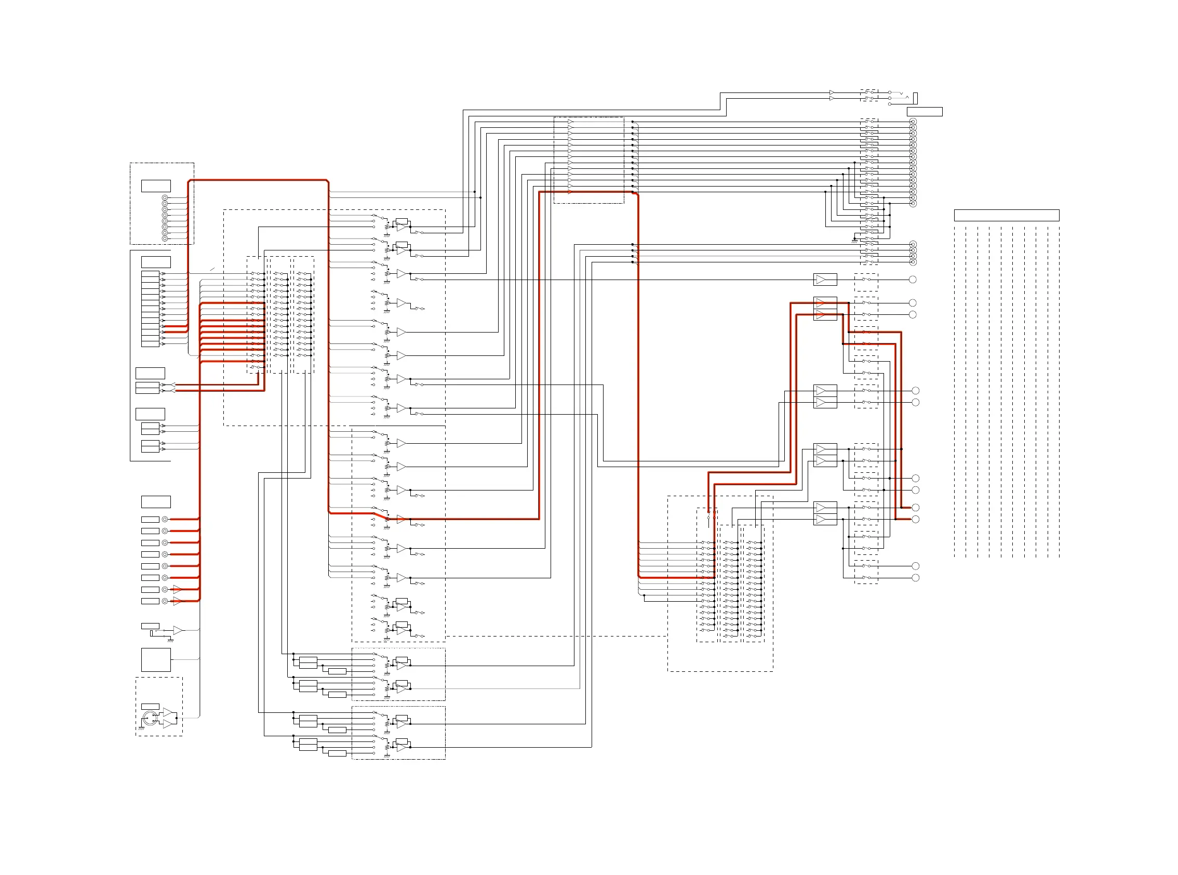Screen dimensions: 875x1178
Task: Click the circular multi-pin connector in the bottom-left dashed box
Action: click(150, 719)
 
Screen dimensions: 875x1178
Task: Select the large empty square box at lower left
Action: click(156, 659)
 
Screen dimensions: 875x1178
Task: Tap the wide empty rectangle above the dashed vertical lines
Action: click(1006, 215)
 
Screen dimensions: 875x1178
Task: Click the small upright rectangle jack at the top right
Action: click(915, 98)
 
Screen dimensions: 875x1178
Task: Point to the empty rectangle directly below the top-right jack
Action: click(925, 111)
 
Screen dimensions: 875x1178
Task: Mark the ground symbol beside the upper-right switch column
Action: click(854, 241)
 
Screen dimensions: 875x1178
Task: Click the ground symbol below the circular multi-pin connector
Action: click(141, 728)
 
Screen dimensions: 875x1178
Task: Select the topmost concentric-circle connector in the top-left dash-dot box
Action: click(165, 197)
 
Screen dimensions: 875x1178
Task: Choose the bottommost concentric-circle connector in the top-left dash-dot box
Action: click(165, 238)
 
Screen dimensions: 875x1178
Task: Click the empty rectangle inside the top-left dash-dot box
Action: click(156, 185)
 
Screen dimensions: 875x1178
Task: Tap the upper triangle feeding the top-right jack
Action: click(832, 92)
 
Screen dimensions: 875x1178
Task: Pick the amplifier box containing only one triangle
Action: click(825, 279)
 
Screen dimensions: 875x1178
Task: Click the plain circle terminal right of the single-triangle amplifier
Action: click(912, 279)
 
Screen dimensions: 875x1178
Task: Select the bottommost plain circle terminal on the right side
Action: click(915, 578)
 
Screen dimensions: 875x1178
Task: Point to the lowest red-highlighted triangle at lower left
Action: click(177, 601)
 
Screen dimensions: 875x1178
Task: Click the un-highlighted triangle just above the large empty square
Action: click(177, 630)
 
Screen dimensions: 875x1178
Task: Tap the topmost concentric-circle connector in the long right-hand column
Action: click(913, 122)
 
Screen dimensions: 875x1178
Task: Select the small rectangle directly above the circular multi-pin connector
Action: click(150, 706)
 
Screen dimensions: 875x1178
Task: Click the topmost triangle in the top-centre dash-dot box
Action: click(570, 122)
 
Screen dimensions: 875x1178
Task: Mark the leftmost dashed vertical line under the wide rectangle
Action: click(955, 392)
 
